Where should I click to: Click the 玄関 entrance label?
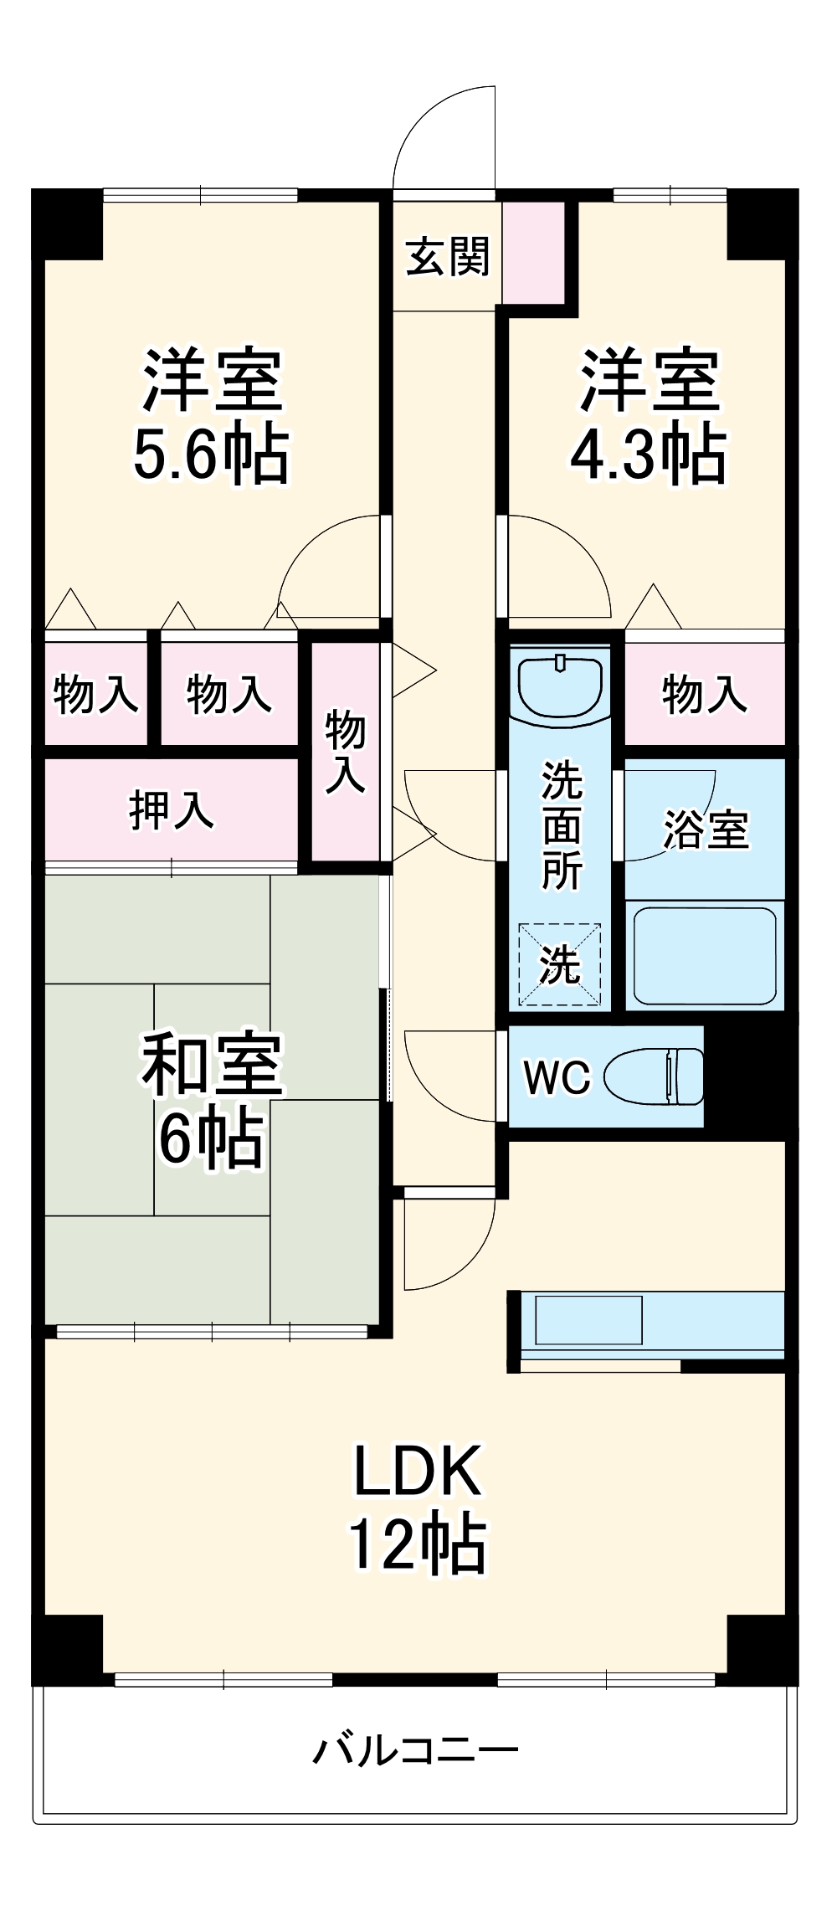tap(447, 256)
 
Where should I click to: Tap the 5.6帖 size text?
tap(211, 455)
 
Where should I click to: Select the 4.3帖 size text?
tap(648, 455)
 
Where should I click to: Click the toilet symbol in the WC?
tap(655, 1077)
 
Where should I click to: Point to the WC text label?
tap(557, 1077)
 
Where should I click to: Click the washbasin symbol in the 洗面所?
tap(560, 684)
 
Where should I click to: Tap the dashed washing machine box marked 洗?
tap(560, 964)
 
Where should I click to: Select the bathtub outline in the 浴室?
tap(705, 956)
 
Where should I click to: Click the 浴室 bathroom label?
tap(706, 830)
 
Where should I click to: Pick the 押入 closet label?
tap(171, 809)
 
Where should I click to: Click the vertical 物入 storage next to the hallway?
tap(346, 751)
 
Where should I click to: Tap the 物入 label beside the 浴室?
tap(704, 694)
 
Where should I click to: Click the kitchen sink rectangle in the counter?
tap(588, 1320)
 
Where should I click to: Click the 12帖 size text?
tap(418, 1543)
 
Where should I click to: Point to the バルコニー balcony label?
tap(416, 1750)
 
